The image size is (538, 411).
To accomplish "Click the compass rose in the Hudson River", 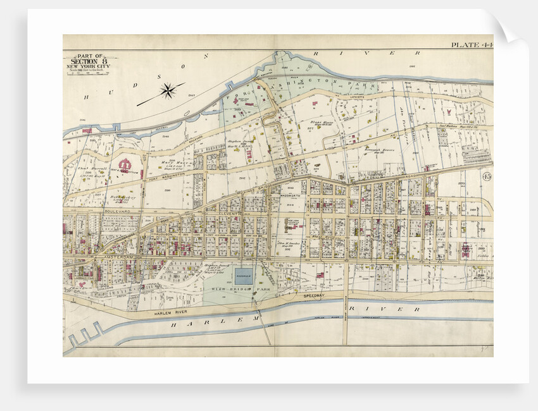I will [168, 90].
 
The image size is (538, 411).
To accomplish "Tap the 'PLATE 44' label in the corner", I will [470, 45].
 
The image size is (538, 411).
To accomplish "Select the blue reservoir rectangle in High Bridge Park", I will [244, 276].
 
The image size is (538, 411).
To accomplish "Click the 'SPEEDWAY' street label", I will [313, 295].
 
